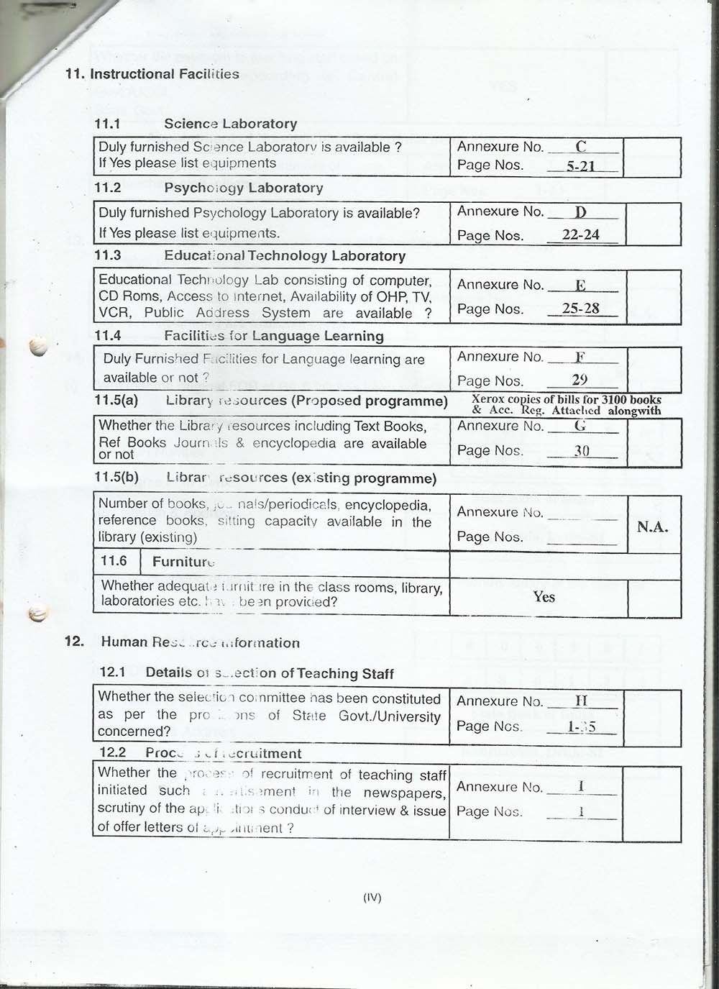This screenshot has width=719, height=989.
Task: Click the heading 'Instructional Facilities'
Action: click(x=164, y=74)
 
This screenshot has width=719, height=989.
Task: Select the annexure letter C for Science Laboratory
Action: click(x=581, y=147)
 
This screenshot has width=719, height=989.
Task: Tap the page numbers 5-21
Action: click(x=581, y=166)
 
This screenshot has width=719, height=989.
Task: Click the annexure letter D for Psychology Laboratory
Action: click(x=581, y=212)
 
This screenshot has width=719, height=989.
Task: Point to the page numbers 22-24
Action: click(x=581, y=234)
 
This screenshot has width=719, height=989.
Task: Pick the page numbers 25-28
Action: click(x=581, y=309)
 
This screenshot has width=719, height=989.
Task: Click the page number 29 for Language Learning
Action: click(x=580, y=380)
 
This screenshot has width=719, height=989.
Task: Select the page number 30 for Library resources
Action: click(x=582, y=450)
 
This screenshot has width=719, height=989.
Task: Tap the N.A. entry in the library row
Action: click(x=653, y=527)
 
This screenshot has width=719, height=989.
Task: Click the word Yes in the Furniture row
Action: click(x=544, y=596)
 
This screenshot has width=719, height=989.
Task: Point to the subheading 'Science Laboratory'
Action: click(x=230, y=124)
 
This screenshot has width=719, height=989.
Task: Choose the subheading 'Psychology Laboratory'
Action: click(x=243, y=188)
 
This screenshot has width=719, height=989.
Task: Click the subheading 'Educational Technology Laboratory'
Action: click(x=285, y=256)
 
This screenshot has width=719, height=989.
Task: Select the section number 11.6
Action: click(x=114, y=561)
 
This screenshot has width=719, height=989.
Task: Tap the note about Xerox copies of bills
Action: click(x=567, y=405)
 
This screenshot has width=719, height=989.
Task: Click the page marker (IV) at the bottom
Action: click(x=372, y=897)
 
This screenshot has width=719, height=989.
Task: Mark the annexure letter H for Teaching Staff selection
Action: click(x=581, y=701)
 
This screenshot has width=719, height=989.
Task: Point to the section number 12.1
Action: click(x=112, y=672)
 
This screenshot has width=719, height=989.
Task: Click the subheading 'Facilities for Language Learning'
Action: click(x=273, y=336)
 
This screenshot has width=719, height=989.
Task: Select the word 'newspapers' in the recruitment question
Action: click(x=404, y=793)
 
